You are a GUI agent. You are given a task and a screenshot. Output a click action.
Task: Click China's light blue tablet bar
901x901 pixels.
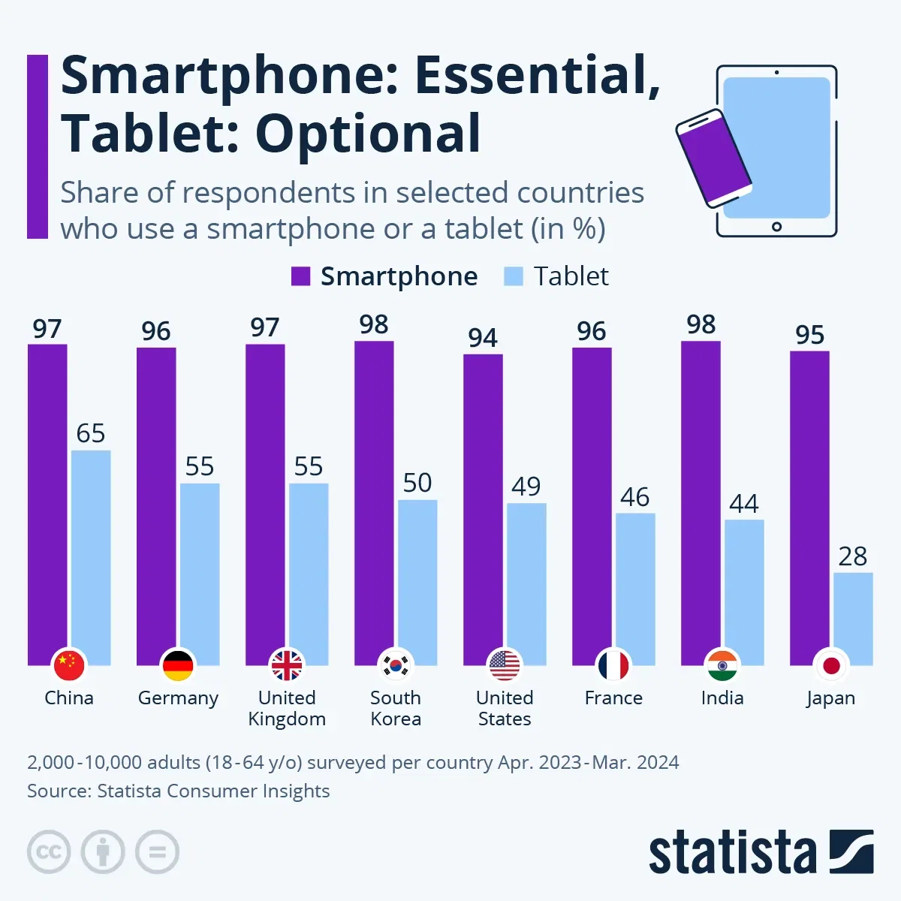pyautogui.click(x=91, y=556)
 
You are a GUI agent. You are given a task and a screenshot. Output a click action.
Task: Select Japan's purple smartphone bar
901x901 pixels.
pyautogui.click(x=809, y=503)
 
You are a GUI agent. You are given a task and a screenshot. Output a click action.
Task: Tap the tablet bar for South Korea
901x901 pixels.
pyautogui.click(x=417, y=578)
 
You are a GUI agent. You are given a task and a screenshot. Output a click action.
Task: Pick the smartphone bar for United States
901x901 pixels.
pyautogui.click(x=483, y=503)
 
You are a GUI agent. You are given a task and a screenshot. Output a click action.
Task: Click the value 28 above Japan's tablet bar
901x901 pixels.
pyautogui.click(x=853, y=556)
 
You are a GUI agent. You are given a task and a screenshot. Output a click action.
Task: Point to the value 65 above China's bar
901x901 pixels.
pyautogui.click(x=91, y=433)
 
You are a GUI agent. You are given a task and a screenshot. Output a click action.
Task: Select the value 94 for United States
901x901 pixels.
pyautogui.click(x=483, y=338)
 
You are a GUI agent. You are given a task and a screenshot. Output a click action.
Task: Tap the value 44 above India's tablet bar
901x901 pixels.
pyautogui.click(x=744, y=503)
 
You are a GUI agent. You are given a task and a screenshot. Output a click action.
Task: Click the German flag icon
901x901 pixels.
pyautogui.click(x=178, y=665)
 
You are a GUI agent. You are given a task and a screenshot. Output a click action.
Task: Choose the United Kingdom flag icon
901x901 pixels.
pyautogui.click(x=287, y=665)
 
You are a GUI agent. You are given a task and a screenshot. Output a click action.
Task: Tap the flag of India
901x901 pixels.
pyautogui.click(x=722, y=665)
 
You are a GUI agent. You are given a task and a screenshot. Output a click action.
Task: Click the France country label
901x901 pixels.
pyautogui.click(x=613, y=698)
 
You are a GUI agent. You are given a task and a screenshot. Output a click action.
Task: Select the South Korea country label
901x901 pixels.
pyautogui.click(x=396, y=708)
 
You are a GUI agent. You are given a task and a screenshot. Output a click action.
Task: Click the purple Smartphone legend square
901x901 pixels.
pyautogui.click(x=300, y=276)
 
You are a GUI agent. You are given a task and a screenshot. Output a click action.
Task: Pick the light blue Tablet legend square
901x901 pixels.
pyautogui.click(x=513, y=276)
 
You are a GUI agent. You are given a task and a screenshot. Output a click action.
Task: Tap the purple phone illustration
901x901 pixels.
pyautogui.click(x=713, y=158)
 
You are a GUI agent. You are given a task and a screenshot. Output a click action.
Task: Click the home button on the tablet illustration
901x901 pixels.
pyautogui.click(x=776, y=226)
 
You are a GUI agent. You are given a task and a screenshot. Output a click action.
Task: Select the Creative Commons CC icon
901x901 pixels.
pyautogui.click(x=49, y=852)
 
